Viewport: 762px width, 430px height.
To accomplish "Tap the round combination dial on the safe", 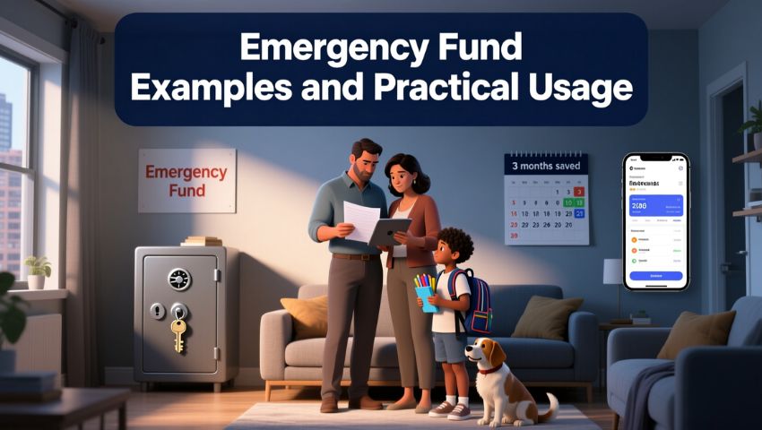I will coord(179,279).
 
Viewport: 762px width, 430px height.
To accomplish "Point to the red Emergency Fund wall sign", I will coord(186,180).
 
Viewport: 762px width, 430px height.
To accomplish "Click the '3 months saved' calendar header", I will coord(546,166).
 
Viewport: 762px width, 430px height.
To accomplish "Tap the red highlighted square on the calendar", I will coord(579,191).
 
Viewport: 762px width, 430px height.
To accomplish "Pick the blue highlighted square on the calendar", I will coord(579,214).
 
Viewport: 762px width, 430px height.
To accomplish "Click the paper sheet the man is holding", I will coord(363,220).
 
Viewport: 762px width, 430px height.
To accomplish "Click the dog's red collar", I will coord(489,368).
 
